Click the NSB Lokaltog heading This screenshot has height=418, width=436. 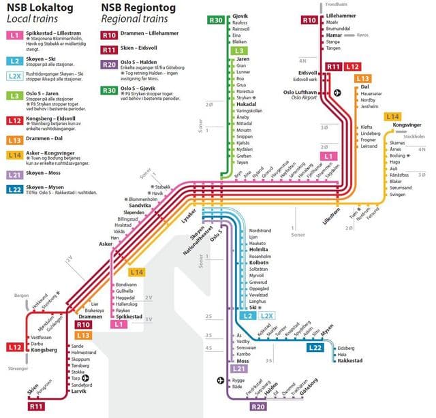[x=40, y=7]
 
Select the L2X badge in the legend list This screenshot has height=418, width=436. [x=15, y=76]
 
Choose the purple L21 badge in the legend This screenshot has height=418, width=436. [x=15, y=175]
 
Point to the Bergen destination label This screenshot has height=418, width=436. [x=20, y=297]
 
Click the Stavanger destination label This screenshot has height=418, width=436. [x=19, y=368]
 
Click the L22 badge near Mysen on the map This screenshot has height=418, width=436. [x=314, y=348]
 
